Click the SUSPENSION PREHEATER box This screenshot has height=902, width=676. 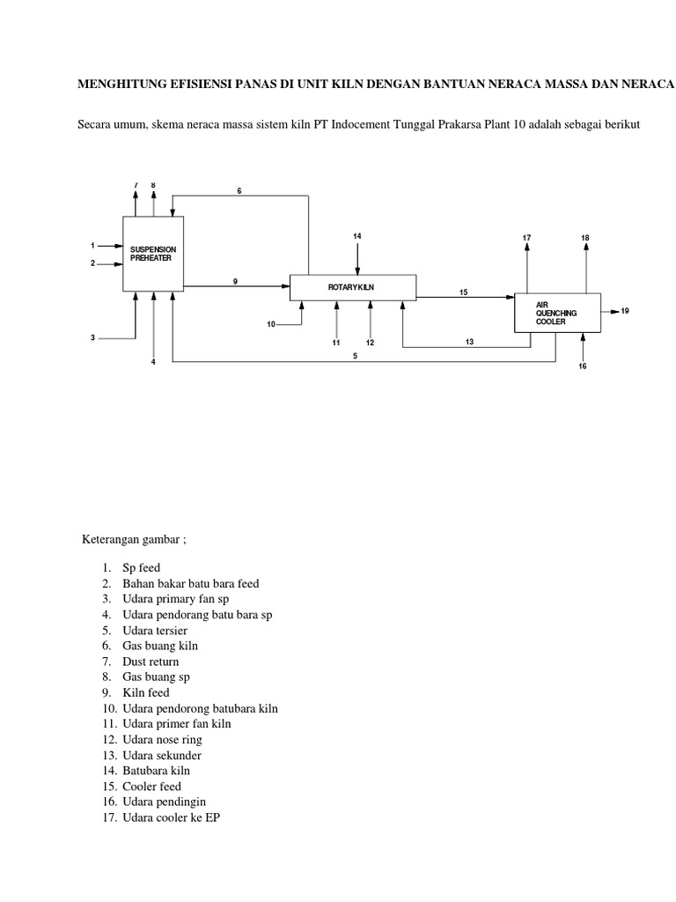[153, 254]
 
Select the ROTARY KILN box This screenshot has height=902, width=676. [353, 286]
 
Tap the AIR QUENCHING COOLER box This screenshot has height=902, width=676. [556, 313]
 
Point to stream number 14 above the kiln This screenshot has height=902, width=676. [357, 236]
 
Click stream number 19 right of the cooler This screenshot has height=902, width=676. [625, 311]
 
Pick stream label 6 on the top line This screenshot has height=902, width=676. [239, 191]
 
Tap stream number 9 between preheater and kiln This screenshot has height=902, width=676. [235, 280]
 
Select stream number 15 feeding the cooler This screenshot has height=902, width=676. [463, 292]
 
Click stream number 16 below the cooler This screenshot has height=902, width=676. [582, 366]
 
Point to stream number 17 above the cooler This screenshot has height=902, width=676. [526, 238]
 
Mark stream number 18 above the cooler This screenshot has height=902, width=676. [585, 238]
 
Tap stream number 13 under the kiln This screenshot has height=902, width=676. [469, 342]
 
